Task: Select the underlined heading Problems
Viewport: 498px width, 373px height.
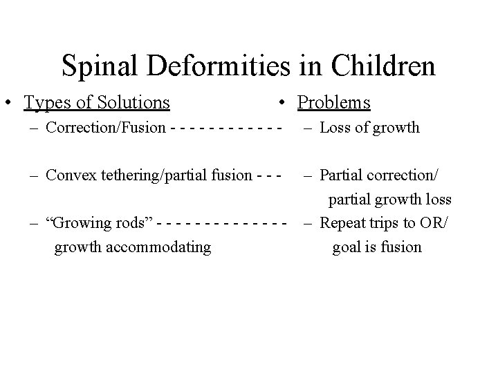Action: (x=334, y=103)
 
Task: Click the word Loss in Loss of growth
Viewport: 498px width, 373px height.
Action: (x=335, y=128)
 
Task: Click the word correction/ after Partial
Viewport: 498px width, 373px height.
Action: (x=403, y=175)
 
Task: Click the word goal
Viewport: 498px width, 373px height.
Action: (x=346, y=247)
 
